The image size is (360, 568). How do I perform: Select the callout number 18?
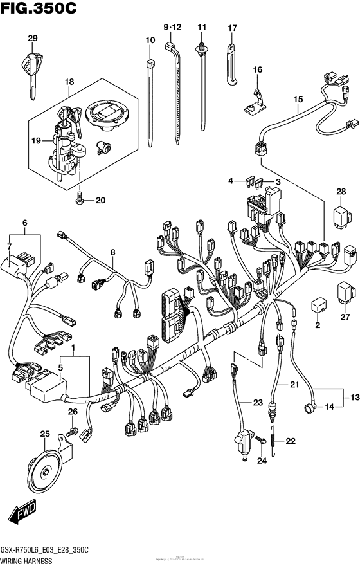(x=69, y=82)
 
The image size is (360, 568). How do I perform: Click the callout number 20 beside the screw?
(x=100, y=200)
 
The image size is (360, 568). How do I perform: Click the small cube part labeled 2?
(x=317, y=304)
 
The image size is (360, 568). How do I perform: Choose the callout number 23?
(x=258, y=403)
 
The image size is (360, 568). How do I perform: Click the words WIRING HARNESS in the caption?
(x=24, y=562)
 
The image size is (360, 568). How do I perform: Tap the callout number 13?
(x=353, y=396)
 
